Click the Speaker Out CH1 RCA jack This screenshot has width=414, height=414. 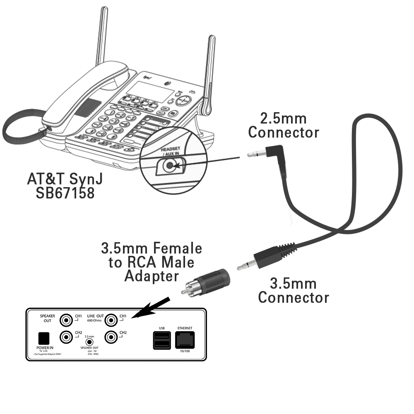(x=66, y=320)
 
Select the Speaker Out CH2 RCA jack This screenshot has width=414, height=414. (x=66, y=337)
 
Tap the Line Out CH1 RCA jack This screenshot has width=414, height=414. (x=111, y=320)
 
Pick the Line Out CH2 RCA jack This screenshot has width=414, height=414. (x=111, y=337)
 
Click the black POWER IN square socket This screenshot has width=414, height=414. (x=43, y=337)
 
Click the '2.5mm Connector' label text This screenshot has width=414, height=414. (x=284, y=125)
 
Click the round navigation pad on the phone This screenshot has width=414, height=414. (x=185, y=101)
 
